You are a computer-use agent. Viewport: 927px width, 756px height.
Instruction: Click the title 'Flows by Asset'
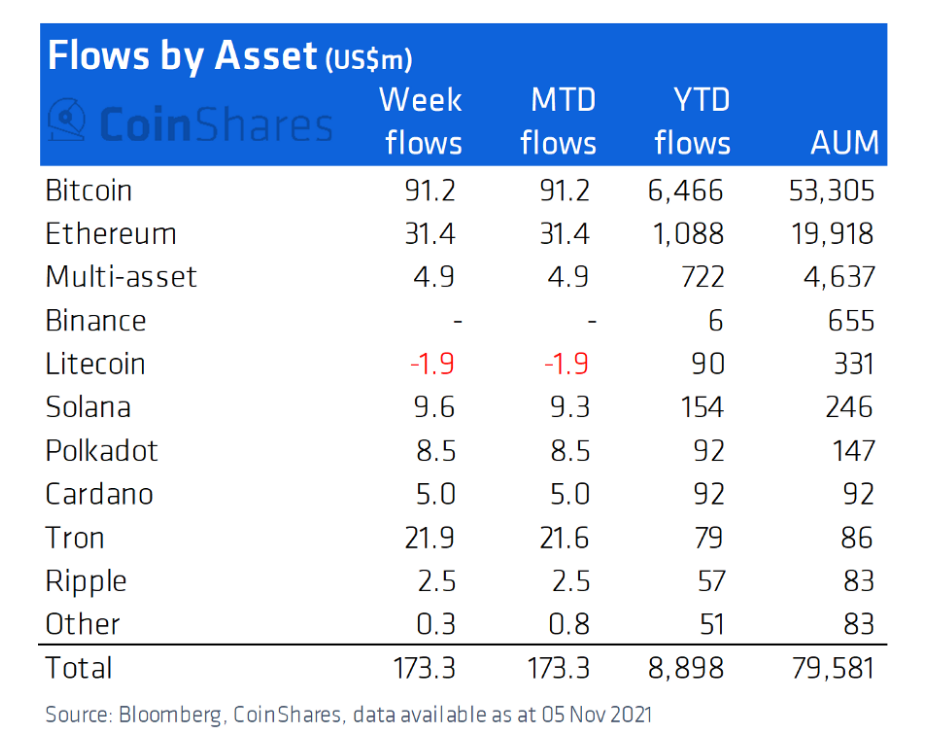[x=182, y=56]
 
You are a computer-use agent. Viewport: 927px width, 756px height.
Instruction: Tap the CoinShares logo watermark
[x=190, y=124]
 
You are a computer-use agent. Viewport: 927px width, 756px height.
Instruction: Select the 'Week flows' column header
[x=423, y=121]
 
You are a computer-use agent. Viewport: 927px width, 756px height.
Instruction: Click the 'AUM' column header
[x=844, y=143]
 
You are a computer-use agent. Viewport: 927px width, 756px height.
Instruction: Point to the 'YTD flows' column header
[x=692, y=121]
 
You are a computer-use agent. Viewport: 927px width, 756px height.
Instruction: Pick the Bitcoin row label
[x=89, y=190]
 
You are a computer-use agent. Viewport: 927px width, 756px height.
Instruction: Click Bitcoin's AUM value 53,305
[x=831, y=190]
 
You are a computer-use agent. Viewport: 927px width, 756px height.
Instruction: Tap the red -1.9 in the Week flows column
[x=431, y=364]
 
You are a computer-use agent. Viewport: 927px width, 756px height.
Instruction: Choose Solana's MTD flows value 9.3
[x=565, y=407]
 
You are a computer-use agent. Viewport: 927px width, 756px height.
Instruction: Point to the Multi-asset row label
[x=121, y=277]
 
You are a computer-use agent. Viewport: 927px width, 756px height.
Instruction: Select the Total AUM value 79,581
[x=831, y=667]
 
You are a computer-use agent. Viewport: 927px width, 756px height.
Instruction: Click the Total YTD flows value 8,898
[x=686, y=667]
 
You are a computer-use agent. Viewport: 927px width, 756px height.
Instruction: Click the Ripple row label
[x=86, y=581]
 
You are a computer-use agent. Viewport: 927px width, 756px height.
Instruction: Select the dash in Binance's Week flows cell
[x=456, y=321]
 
